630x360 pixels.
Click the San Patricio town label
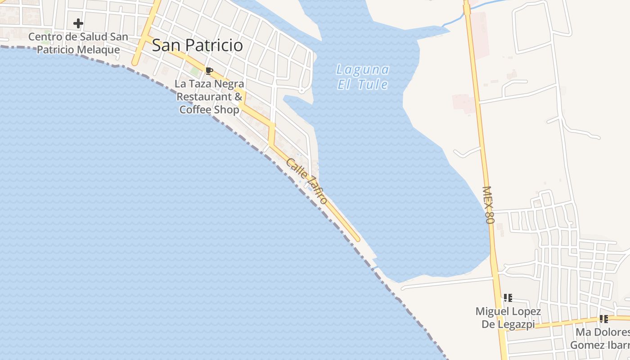click(x=197, y=45)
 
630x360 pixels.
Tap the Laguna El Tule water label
click(x=363, y=77)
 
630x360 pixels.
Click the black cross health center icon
click(x=78, y=23)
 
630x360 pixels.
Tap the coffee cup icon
click(x=209, y=71)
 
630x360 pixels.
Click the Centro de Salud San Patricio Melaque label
click(x=78, y=43)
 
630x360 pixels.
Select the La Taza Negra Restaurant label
click(x=210, y=96)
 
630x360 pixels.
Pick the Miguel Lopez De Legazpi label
click(x=508, y=317)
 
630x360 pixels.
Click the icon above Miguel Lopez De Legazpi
click(x=508, y=297)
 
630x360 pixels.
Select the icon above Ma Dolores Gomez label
click(x=603, y=319)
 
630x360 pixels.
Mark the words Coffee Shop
click(x=209, y=109)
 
